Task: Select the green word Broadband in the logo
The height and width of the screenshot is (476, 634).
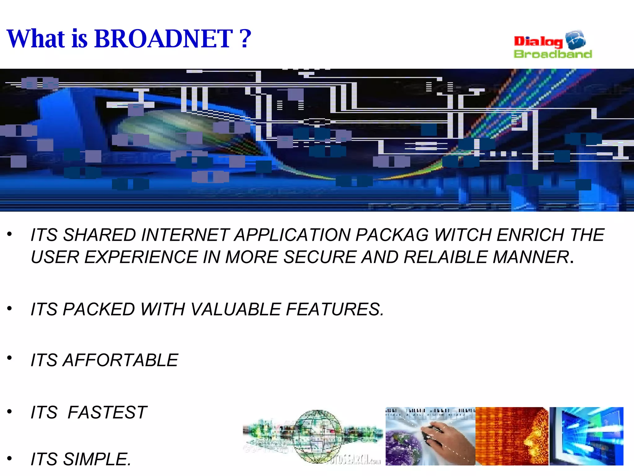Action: click(553, 54)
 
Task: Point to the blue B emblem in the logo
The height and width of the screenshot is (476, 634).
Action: click(575, 40)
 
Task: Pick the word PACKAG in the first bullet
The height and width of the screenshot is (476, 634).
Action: click(392, 235)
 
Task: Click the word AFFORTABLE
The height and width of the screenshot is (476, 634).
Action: click(120, 360)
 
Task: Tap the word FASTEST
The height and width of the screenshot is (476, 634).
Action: click(107, 412)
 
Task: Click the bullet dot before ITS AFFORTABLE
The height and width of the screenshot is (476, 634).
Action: click(10, 358)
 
